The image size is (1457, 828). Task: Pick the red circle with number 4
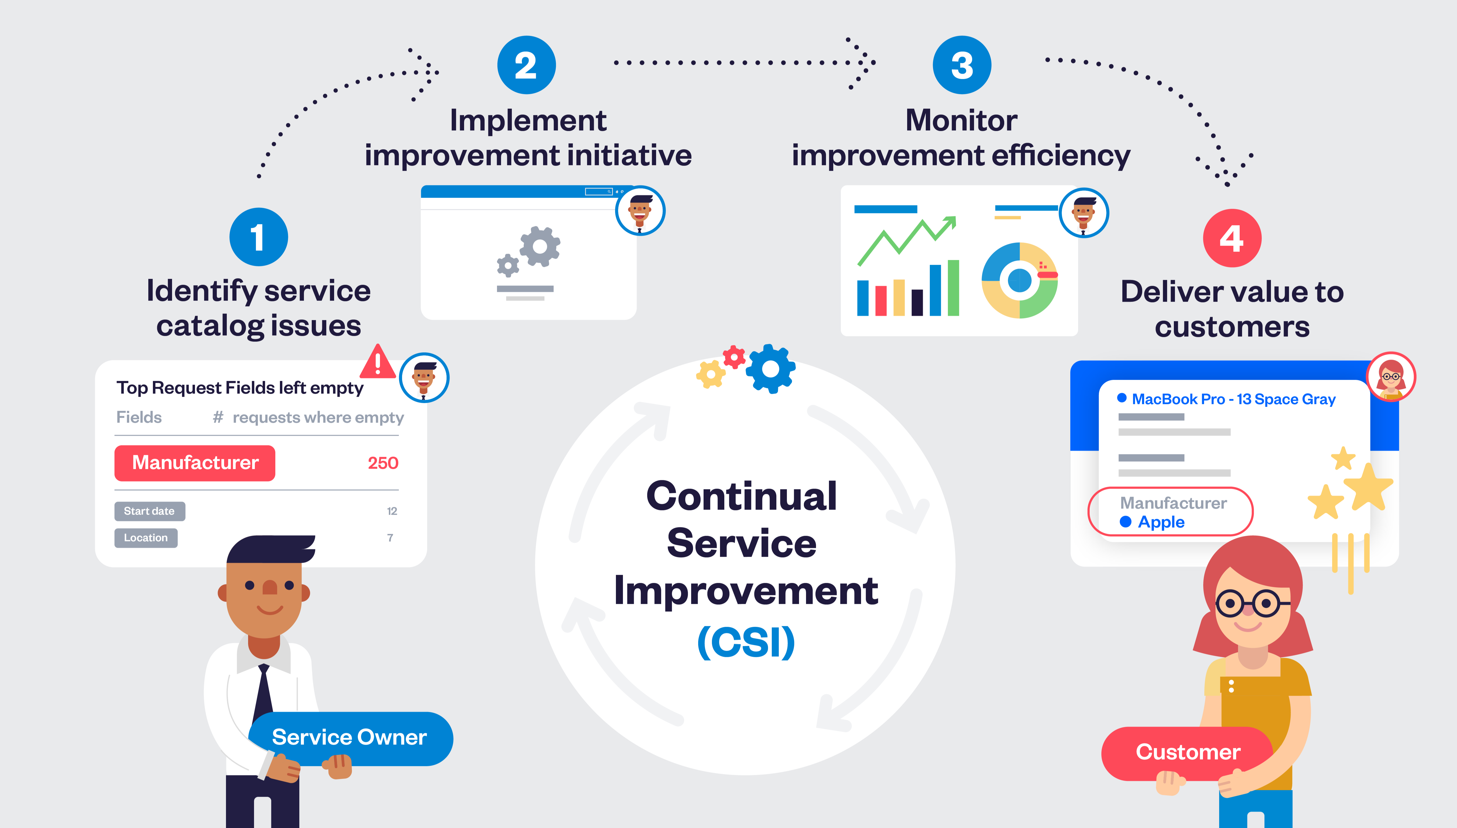point(1232,238)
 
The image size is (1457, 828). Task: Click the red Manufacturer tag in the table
point(195,463)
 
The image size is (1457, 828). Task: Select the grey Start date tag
point(149,511)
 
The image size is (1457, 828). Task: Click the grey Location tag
point(146,537)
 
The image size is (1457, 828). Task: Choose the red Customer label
point(1188,752)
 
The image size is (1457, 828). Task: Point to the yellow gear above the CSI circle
point(710,374)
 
